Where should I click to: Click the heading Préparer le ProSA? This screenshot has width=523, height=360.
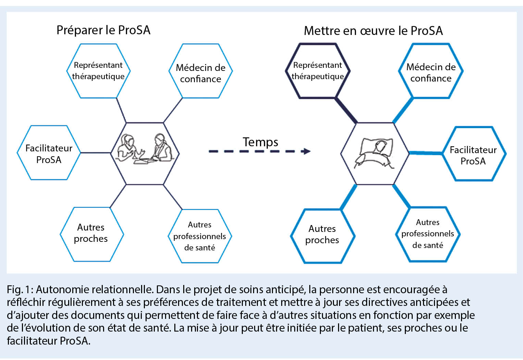[x=103, y=30]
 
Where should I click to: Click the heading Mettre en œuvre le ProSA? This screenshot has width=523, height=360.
[x=373, y=31]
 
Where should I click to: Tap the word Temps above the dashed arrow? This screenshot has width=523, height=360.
[x=260, y=142]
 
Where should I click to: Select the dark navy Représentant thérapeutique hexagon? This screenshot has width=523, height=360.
[x=317, y=71]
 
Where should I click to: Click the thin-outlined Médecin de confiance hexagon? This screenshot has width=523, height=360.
[x=201, y=71]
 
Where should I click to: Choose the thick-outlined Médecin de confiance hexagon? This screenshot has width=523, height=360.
[x=431, y=71]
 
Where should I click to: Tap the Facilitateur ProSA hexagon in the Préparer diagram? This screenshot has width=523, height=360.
[x=49, y=153]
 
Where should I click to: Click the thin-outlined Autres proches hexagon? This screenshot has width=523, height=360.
[x=91, y=234]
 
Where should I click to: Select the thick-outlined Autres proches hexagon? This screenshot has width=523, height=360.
[x=322, y=235]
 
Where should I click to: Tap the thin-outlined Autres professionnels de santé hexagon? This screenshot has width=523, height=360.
[x=200, y=236]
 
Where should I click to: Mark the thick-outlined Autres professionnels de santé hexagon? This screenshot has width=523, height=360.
[x=427, y=234]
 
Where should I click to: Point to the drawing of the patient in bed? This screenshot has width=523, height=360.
[x=374, y=153]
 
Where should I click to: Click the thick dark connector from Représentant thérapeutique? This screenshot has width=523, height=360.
[x=346, y=110]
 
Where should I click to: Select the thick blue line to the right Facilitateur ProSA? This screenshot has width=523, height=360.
[x=426, y=153]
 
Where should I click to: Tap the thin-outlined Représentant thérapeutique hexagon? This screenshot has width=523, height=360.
[x=98, y=71]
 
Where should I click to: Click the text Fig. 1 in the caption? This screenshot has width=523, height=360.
[x=20, y=290]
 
